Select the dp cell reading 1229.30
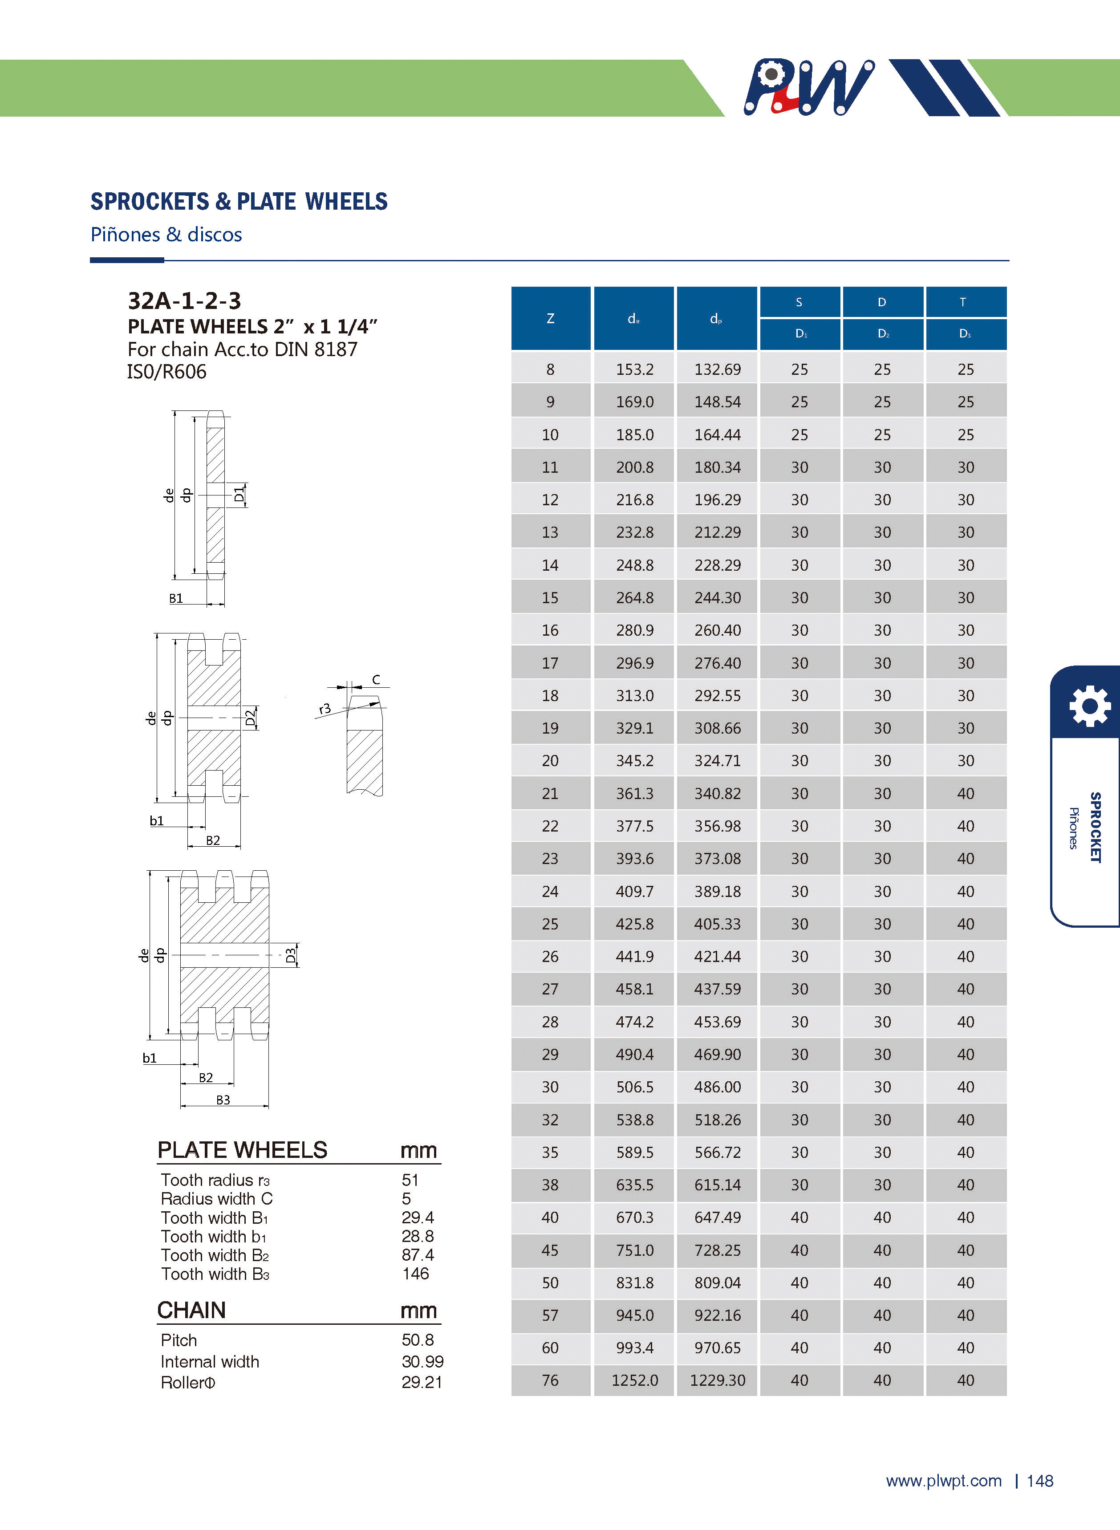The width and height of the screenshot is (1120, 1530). tap(717, 1380)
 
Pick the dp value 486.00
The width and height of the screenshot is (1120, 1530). tap(717, 1087)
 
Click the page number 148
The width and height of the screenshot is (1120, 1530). tap(1039, 1481)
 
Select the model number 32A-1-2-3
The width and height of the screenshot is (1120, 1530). tap(184, 300)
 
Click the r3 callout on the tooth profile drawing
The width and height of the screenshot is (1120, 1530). tap(325, 709)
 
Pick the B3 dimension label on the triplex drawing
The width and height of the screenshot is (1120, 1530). tap(223, 1100)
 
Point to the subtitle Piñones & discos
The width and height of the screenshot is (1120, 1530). tap(166, 235)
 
